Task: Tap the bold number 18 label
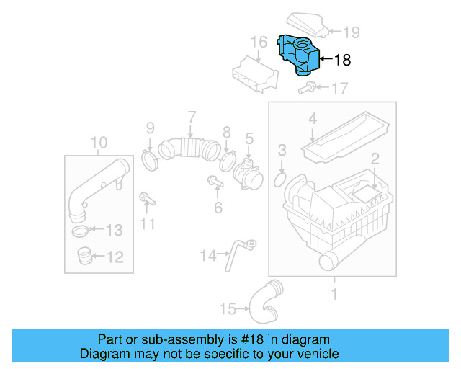(x=342, y=61)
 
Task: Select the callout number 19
(x=350, y=32)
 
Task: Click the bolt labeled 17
(x=305, y=89)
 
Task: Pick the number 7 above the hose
(x=192, y=117)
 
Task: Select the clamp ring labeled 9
(x=151, y=159)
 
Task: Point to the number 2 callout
(x=375, y=159)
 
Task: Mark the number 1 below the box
(x=334, y=293)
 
